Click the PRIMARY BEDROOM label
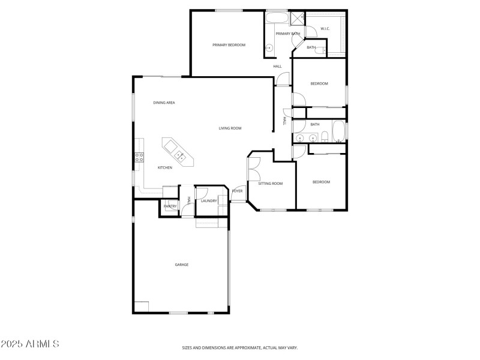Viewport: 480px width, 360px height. pos(229,45)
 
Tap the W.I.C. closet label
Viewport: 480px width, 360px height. pos(325,29)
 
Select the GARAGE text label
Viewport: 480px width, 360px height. pos(181,265)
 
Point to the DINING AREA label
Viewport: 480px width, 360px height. pos(164,103)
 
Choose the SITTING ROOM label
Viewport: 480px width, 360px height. pos(270,183)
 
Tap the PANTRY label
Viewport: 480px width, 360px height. pos(170,206)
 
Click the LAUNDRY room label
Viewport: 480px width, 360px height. pos(209,201)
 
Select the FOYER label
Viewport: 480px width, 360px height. pos(237,191)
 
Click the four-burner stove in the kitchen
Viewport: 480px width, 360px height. pos(139,158)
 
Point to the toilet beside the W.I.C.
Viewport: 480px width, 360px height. pos(324,50)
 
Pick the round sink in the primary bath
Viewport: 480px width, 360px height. pos(269,48)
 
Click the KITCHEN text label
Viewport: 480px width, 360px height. pos(165,167)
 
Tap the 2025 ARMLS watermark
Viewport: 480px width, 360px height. pos(29,344)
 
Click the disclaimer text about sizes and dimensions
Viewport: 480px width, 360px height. pos(240,347)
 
